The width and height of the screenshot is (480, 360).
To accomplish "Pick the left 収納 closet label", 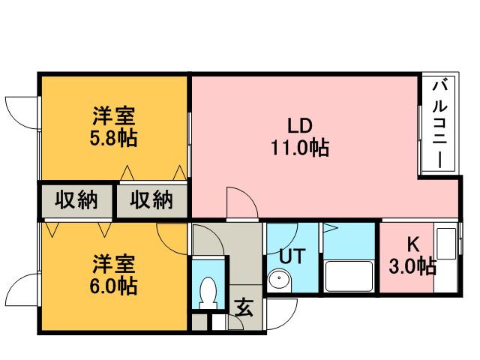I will (76, 200).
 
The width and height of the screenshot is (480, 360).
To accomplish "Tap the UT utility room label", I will (291, 256).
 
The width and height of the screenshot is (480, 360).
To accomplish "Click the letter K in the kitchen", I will (412, 244).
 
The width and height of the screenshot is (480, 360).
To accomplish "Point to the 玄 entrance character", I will (244, 306).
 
